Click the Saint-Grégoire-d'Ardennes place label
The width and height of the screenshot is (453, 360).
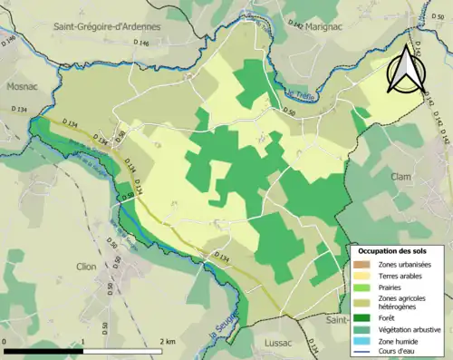tap(107, 26)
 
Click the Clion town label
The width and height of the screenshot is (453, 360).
tap(87, 267)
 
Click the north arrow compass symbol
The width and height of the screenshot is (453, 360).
tap(405, 67)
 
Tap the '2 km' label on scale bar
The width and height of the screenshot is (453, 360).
tap(167, 341)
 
